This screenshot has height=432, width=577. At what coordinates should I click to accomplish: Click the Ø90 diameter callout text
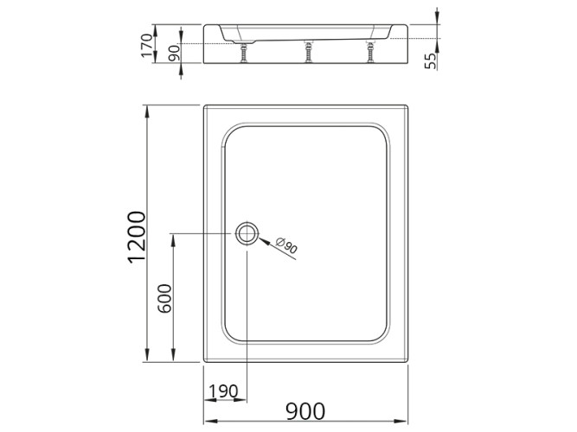click(288, 247)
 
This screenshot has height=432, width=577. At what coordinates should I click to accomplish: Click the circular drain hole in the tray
click(247, 233)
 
